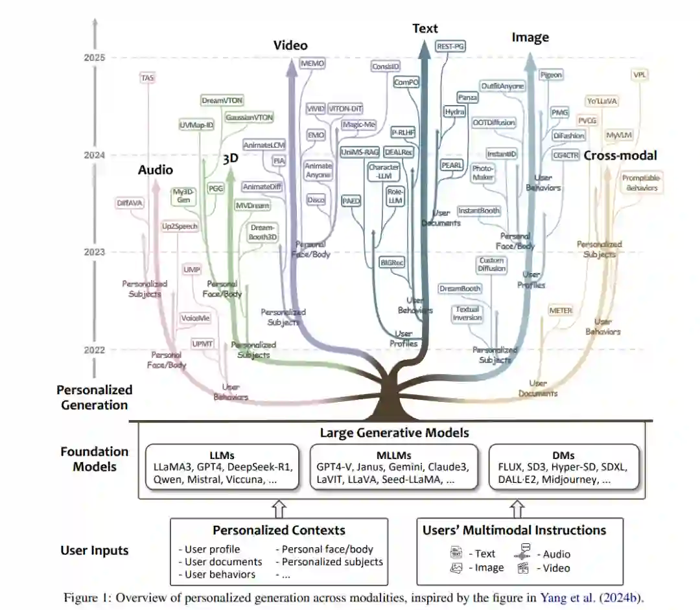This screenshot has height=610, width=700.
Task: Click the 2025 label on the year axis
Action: click(x=95, y=58)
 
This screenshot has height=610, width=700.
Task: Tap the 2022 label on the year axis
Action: click(x=95, y=350)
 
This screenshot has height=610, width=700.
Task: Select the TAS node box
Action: click(x=148, y=78)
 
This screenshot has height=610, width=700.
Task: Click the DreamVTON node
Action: click(x=222, y=101)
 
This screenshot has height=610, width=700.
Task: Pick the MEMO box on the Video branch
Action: click(x=312, y=64)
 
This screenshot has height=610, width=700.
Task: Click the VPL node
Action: click(x=640, y=75)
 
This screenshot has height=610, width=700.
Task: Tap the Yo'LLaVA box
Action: click(x=601, y=101)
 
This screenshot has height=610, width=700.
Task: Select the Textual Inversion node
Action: click(x=467, y=314)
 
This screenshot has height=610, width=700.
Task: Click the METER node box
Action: click(x=561, y=311)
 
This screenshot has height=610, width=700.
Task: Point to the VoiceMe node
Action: click(x=195, y=318)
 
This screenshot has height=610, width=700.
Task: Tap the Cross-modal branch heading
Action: click(x=620, y=155)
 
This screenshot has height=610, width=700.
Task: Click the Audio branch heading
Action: click(x=156, y=170)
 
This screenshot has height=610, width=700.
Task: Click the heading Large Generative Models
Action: click(x=395, y=432)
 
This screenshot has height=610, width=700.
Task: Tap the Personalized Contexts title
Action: click(x=279, y=530)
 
